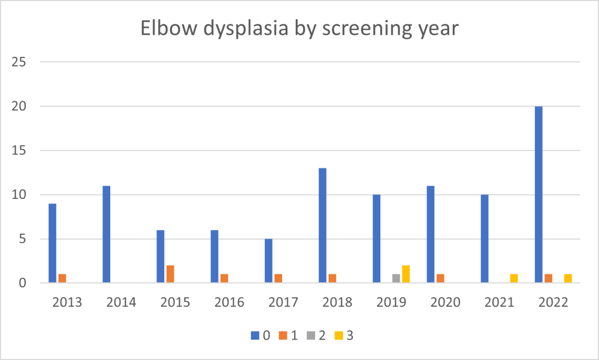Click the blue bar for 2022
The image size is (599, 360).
click(539, 195)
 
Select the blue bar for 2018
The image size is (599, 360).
click(322, 225)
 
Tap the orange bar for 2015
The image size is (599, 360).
click(170, 274)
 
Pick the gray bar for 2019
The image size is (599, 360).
click(395, 279)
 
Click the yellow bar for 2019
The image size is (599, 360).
click(406, 274)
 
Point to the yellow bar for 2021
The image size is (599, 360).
click(513, 279)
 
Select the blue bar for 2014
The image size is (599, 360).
click(107, 234)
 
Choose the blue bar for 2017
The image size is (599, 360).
click(268, 261)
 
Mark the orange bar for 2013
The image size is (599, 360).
click(62, 279)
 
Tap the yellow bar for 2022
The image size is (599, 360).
click(567, 279)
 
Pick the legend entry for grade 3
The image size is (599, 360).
click(344, 336)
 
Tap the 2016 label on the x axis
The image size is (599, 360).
click(229, 302)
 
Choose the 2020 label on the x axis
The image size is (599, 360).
click(445, 302)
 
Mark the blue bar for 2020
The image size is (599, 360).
click(430, 234)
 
